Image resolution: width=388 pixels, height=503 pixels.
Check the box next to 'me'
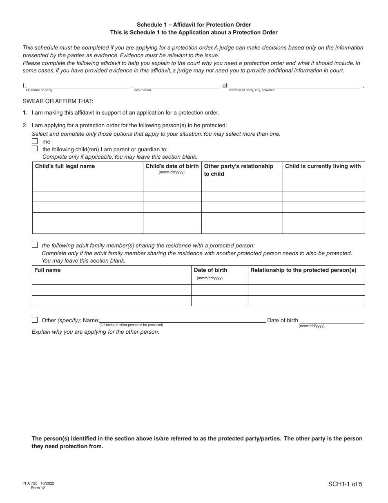35,141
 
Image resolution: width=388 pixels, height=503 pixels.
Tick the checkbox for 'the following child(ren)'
35,149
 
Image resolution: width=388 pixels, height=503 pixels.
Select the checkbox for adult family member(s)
35,245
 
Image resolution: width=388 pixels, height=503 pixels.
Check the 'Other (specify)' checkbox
35,320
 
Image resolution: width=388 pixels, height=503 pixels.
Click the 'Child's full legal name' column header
65,166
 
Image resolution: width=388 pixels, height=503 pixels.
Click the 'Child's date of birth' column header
172,166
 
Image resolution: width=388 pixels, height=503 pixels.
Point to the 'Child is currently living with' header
323,166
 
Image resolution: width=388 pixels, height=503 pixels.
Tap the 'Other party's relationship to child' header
239,170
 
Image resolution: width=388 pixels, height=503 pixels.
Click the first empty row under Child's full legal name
87,186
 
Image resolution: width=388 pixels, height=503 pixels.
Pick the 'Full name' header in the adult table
47,270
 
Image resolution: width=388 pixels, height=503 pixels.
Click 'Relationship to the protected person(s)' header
303,270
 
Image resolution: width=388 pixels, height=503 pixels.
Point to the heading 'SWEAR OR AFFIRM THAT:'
58,101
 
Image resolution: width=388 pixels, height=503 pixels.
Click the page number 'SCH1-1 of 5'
345,485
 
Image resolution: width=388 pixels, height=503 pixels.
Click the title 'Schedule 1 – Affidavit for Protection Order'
194,25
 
